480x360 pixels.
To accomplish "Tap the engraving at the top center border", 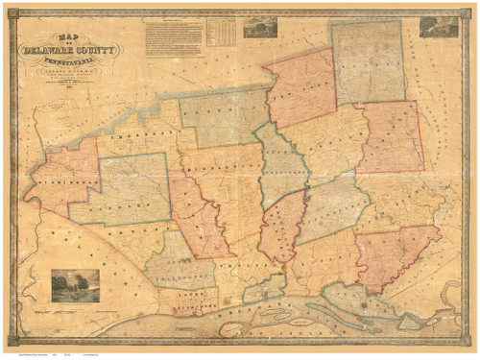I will click(x=259, y=27).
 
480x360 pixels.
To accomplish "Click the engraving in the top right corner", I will click(x=438, y=27).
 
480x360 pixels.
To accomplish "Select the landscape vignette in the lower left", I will click(x=75, y=285).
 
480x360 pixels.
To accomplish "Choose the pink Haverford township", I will click(x=390, y=136).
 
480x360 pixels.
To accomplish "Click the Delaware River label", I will click(x=288, y=322).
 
